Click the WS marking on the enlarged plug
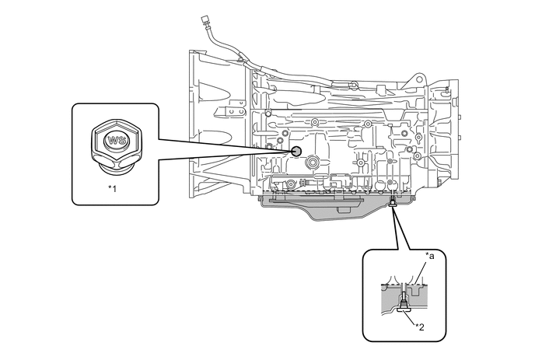pyautogui.click(x=116, y=142)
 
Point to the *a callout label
pyautogui.click(x=428, y=255)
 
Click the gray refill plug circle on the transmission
pyautogui.click(x=295, y=151)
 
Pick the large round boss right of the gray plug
pyautogui.click(x=313, y=163)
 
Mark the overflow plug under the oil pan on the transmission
pyautogui.click(x=392, y=204)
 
